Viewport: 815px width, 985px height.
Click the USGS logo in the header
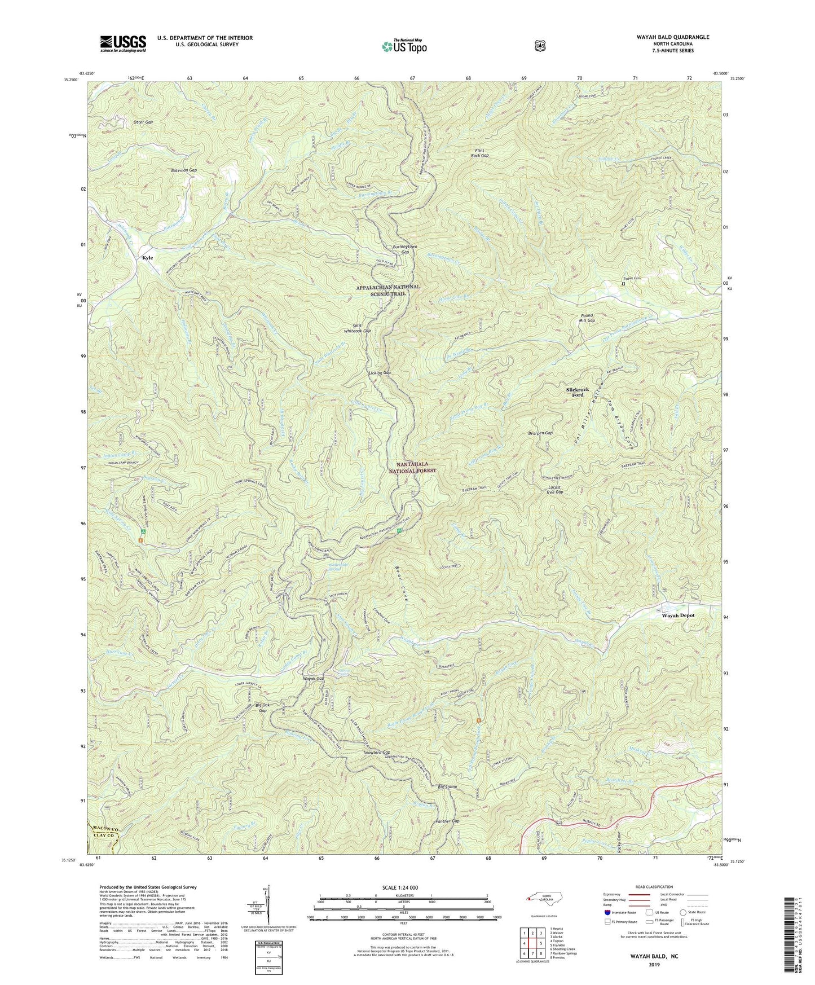point(123,43)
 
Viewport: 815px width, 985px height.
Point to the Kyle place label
point(147,257)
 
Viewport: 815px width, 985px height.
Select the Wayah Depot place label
point(677,615)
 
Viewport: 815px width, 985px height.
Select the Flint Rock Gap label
point(482,153)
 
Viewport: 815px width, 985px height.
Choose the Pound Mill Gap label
point(587,318)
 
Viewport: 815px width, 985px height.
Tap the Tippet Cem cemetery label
point(633,278)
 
